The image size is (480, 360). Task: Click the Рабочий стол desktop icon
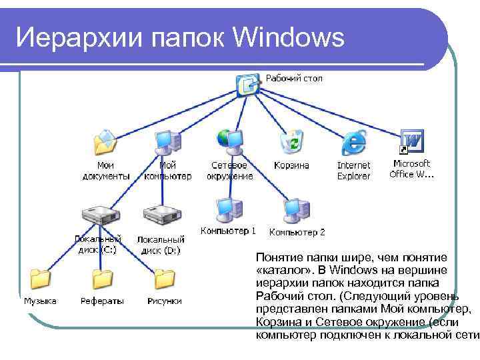tap(248, 83)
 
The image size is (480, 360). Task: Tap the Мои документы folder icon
tap(105, 141)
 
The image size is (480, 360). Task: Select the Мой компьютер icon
tap(166, 141)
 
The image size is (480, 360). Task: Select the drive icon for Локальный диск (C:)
tap(99, 215)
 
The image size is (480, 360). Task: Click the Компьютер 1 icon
tap(228, 209)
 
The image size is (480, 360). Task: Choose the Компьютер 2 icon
tap(295, 209)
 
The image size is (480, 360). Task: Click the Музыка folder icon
tap(40, 279)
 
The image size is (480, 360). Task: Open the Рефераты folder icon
tap(103, 279)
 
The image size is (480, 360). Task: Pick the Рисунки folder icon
tap(164, 279)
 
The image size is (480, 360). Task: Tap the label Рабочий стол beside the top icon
tap(294, 79)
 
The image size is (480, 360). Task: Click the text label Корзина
tap(291, 165)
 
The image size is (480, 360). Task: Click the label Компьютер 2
tap(297, 233)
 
